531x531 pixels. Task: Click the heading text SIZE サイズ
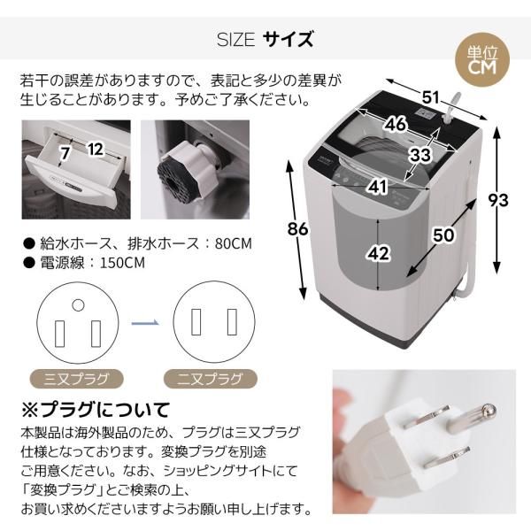pyautogui.click(x=265, y=40)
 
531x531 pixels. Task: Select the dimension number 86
pyautogui.click(x=298, y=228)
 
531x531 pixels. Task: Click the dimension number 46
pyautogui.click(x=396, y=124)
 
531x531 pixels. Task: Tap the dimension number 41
pyautogui.click(x=377, y=187)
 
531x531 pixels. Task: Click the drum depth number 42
pyautogui.click(x=378, y=253)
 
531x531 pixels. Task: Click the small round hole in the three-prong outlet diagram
pyautogui.click(x=78, y=306)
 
